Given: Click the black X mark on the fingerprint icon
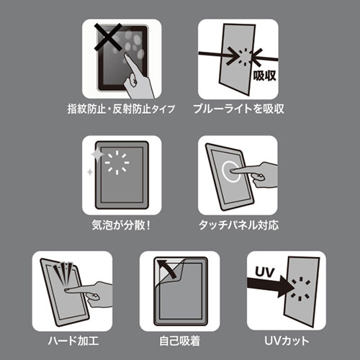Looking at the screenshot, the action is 108,37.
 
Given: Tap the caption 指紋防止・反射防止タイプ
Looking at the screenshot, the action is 121,109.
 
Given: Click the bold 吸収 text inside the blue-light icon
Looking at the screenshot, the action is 265,76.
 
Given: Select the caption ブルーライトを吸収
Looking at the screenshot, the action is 238,109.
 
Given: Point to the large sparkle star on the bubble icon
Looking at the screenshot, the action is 97,154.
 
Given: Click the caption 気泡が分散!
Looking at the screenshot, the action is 121,225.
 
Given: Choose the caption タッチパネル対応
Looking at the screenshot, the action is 239,225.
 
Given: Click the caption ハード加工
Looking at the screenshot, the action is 73,341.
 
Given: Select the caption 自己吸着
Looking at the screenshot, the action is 180,341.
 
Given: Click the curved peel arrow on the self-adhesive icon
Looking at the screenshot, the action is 167,269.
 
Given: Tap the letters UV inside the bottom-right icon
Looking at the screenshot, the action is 264,272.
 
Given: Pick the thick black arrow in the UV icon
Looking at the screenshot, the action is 271,287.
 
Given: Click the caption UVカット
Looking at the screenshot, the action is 287,341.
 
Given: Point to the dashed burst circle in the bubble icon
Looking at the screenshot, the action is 117,163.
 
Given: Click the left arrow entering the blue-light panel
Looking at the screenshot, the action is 218,55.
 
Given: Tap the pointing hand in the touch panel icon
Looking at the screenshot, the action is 255,174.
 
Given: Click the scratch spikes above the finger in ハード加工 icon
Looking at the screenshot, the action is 64,272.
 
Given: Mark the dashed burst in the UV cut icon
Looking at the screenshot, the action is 300,289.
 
